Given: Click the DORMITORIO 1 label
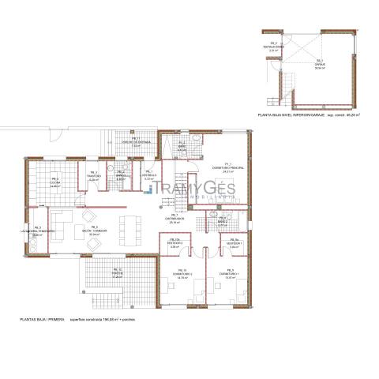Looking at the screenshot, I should tap(231, 276).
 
